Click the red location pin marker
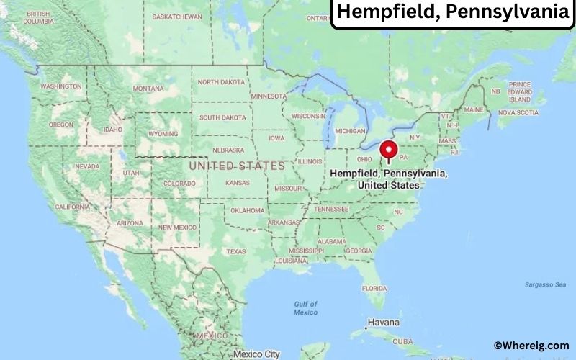click(x=389, y=150)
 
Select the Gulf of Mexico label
click(x=305, y=308)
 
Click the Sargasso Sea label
click(x=545, y=285)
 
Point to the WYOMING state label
click(x=163, y=134)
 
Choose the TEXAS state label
click(x=236, y=251)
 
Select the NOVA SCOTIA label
click(x=518, y=112)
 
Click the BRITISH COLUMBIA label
click(x=37, y=17)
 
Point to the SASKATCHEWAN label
click(x=176, y=15)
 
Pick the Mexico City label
click(x=256, y=354)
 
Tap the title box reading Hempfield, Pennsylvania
click(x=454, y=12)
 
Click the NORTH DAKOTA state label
click(x=222, y=82)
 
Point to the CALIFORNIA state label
click(x=72, y=207)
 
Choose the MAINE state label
click(x=474, y=109)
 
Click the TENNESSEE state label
click(x=330, y=209)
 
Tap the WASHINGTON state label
click(x=61, y=86)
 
